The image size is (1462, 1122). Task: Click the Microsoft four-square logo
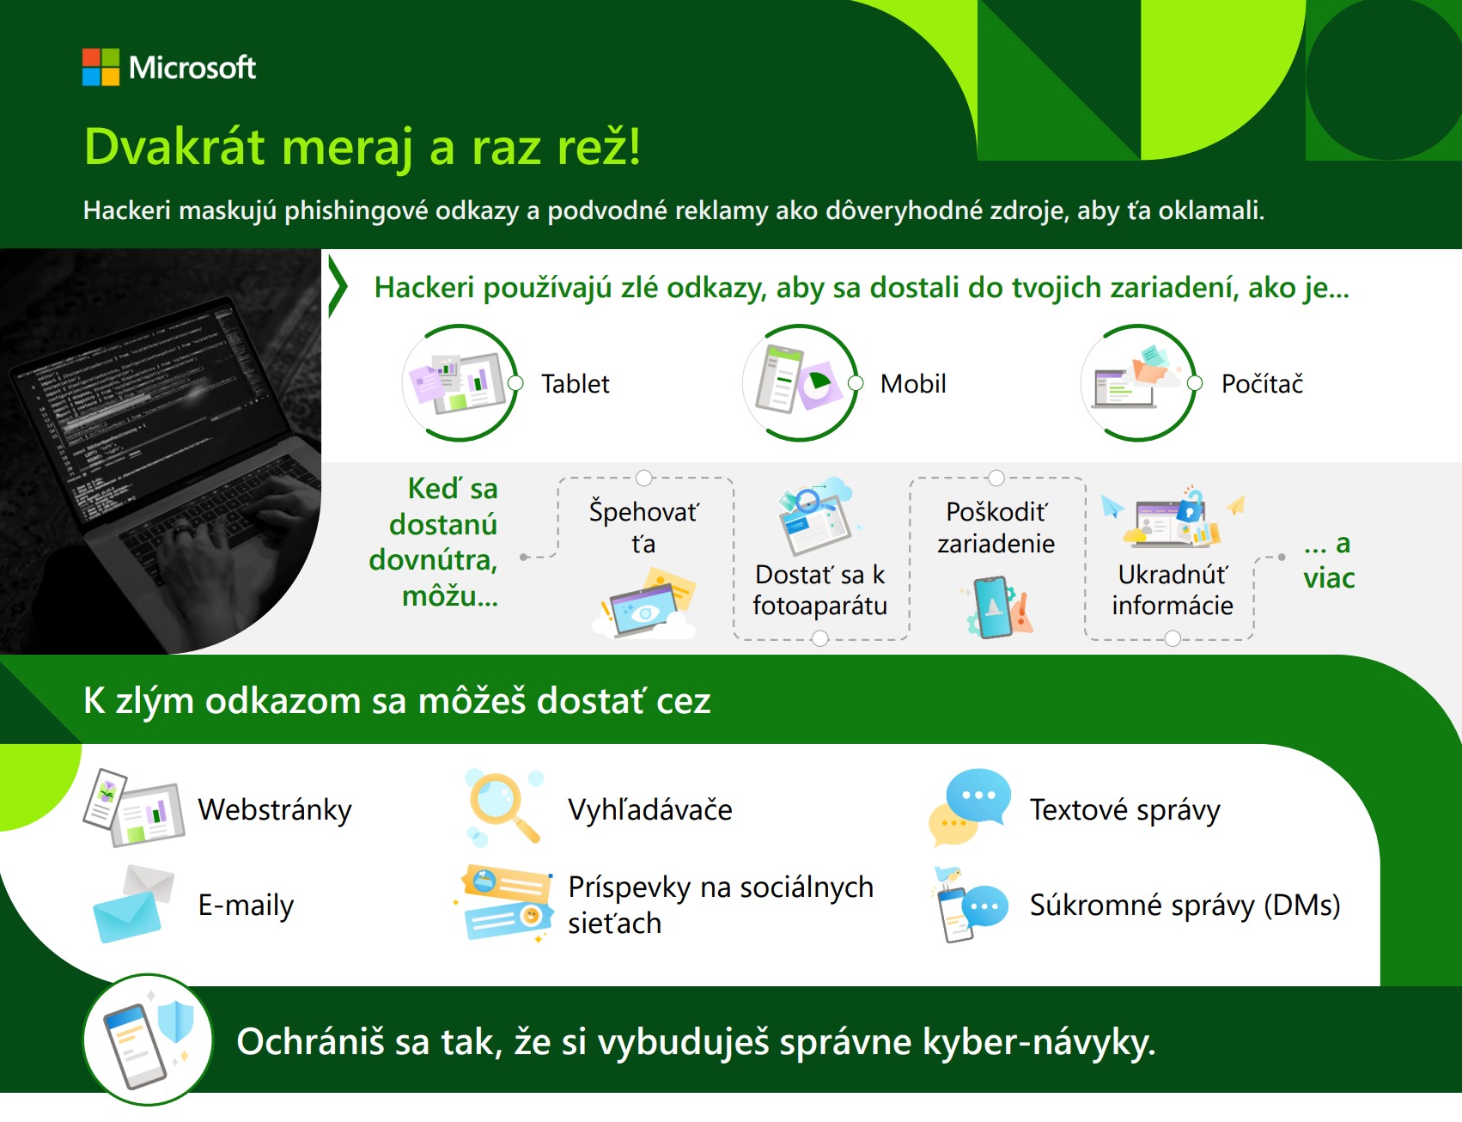101,67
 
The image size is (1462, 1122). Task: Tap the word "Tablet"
575,383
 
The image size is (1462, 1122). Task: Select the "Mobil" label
913,383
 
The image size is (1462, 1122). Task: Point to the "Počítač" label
1262,383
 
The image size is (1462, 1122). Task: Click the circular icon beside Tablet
460,383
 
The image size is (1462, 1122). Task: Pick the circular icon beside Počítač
1139,383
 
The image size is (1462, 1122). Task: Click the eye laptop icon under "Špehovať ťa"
646,605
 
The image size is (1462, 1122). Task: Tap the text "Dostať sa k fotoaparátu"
819,590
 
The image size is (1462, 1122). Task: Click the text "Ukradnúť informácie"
1173,590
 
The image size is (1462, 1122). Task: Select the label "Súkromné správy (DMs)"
1185,906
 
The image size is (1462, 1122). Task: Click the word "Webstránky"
275,810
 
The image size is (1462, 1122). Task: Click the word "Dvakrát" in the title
175,146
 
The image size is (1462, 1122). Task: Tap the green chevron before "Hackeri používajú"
338,287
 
